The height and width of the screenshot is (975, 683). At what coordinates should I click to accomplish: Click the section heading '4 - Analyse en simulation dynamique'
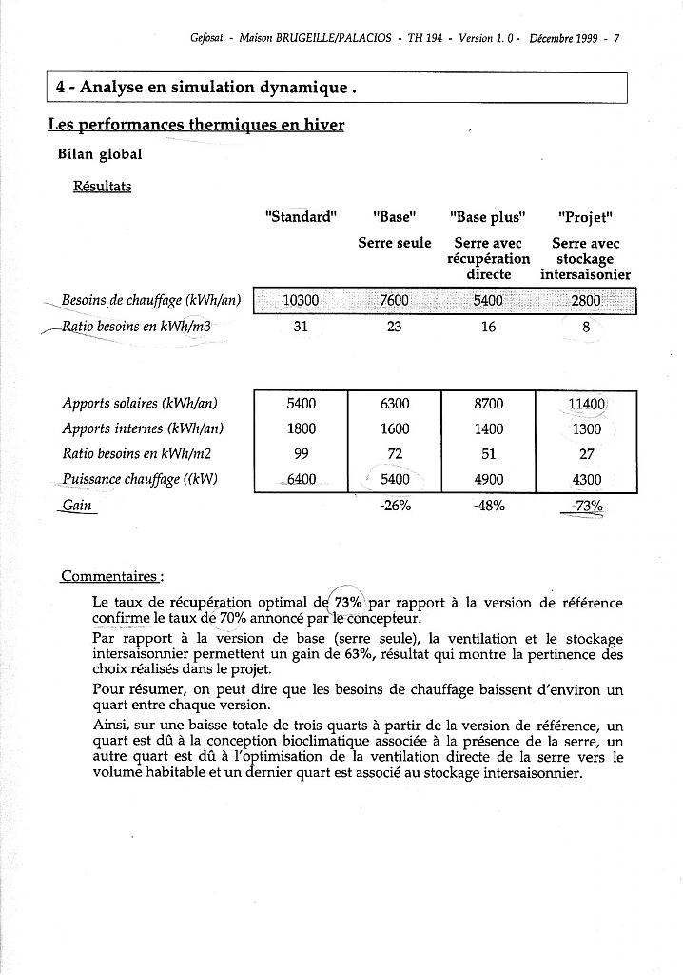pos(205,87)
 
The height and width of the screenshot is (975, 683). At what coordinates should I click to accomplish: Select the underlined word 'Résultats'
pos(102,186)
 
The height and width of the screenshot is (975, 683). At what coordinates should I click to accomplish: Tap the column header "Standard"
pos(301,216)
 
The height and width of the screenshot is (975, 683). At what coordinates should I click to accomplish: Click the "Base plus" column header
pos(488,216)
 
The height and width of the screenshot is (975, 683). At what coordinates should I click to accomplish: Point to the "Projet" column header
pos(586,216)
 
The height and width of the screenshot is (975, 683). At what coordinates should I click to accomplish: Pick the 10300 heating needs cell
pos(301,301)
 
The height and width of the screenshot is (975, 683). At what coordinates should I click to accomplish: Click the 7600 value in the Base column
pos(394,301)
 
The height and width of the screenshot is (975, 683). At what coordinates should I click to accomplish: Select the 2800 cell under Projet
pos(586,301)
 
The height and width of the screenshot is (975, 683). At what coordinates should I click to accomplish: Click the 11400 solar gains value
pos(586,404)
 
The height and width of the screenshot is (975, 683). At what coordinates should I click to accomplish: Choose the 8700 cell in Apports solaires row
pos(488,404)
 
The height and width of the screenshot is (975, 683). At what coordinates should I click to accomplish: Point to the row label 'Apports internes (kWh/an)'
pos(143,428)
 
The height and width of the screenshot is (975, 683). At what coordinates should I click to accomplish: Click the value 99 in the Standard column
pos(301,454)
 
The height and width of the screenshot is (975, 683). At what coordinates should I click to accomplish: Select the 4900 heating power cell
pos(488,480)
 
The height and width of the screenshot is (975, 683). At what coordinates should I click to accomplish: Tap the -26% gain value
pos(394,506)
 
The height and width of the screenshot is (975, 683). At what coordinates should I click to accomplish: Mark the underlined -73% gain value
pos(586,506)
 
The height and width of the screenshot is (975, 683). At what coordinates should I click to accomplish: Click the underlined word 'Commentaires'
pos(110,576)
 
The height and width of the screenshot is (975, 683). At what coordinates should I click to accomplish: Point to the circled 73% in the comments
pos(348,602)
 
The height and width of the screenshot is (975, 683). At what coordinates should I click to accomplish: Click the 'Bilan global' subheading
pos(100,153)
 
